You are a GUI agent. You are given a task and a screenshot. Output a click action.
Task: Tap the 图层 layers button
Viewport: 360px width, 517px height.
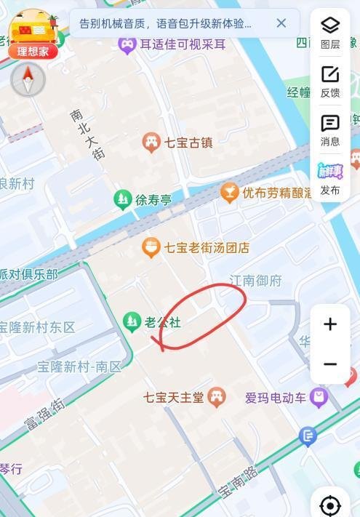[x=330, y=32]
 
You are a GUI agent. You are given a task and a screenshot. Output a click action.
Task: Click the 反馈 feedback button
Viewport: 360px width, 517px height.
[x=330, y=81]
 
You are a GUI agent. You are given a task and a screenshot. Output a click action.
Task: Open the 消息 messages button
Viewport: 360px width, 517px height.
[x=330, y=129]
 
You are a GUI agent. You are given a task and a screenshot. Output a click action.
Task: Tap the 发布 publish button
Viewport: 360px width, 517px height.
[x=330, y=178]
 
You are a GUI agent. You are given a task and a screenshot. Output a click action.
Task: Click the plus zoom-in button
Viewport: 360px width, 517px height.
[x=330, y=324]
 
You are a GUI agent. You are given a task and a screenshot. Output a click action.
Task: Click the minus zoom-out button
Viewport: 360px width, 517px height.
[x=330, y=364]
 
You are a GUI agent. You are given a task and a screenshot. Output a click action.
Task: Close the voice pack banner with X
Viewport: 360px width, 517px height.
[x=281, y=23]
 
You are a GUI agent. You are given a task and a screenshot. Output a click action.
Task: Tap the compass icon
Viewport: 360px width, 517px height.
[x=28, y=80]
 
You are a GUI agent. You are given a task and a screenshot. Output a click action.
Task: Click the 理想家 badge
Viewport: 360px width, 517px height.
[x=33, y=51]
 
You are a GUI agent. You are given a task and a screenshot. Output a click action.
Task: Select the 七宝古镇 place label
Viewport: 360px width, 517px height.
[x=188, y=143]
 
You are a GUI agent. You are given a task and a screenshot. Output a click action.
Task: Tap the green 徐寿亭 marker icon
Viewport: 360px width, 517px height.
[x=123, y=199]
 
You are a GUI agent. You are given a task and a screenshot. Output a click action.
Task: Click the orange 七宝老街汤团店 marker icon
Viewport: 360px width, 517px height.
[x=151, y=248]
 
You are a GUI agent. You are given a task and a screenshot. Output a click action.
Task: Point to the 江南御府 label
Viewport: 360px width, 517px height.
[x=255, y=281]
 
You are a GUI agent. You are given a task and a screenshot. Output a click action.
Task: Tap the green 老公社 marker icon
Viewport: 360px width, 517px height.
[x=132, y=321]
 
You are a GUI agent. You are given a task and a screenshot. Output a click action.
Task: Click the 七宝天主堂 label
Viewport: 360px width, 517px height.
[x=174, y=398]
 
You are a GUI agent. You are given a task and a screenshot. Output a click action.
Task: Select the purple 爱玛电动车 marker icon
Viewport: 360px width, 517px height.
[x=319, y=397]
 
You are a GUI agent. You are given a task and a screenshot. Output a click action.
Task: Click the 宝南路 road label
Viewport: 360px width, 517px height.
[x=238, y=481]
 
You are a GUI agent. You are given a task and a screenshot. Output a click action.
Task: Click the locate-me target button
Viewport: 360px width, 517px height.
[x=330, y=505]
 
